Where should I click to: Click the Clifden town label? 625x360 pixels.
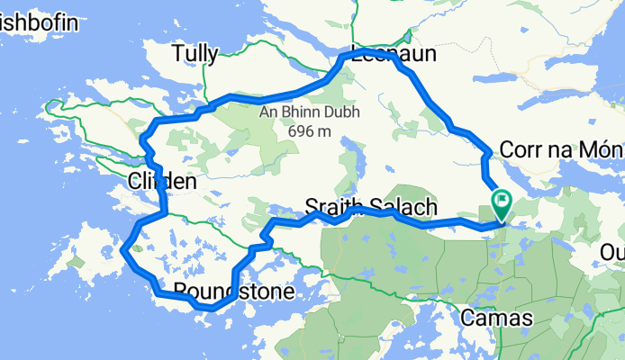(x=162, y=182)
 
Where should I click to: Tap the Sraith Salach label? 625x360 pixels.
(x=371, y=206)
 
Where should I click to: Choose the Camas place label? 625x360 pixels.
(x=496, y=318)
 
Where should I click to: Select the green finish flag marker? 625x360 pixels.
(x=499, y=201)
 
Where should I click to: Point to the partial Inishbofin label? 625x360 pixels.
(x=26, y=20)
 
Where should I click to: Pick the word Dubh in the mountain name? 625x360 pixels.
(x=329, y=112)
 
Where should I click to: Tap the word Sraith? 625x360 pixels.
(x=335, y=206)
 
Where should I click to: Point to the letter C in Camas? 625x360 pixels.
(x=467, y=318)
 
